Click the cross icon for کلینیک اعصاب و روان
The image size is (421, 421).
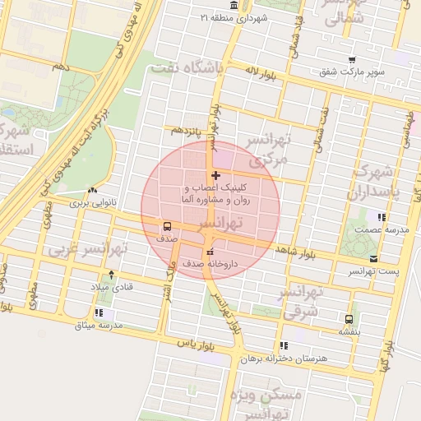[215, 175]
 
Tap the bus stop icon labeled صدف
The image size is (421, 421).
[168, 226]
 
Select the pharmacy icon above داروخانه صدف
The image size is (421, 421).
[210, 252]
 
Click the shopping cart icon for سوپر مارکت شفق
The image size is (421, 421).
[352, 60]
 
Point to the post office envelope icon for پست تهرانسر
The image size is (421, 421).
[375, 258]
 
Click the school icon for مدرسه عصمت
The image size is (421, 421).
[382, 218]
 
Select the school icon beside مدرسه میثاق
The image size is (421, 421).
[99, 312]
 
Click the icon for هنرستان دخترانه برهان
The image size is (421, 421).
[284, 345]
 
